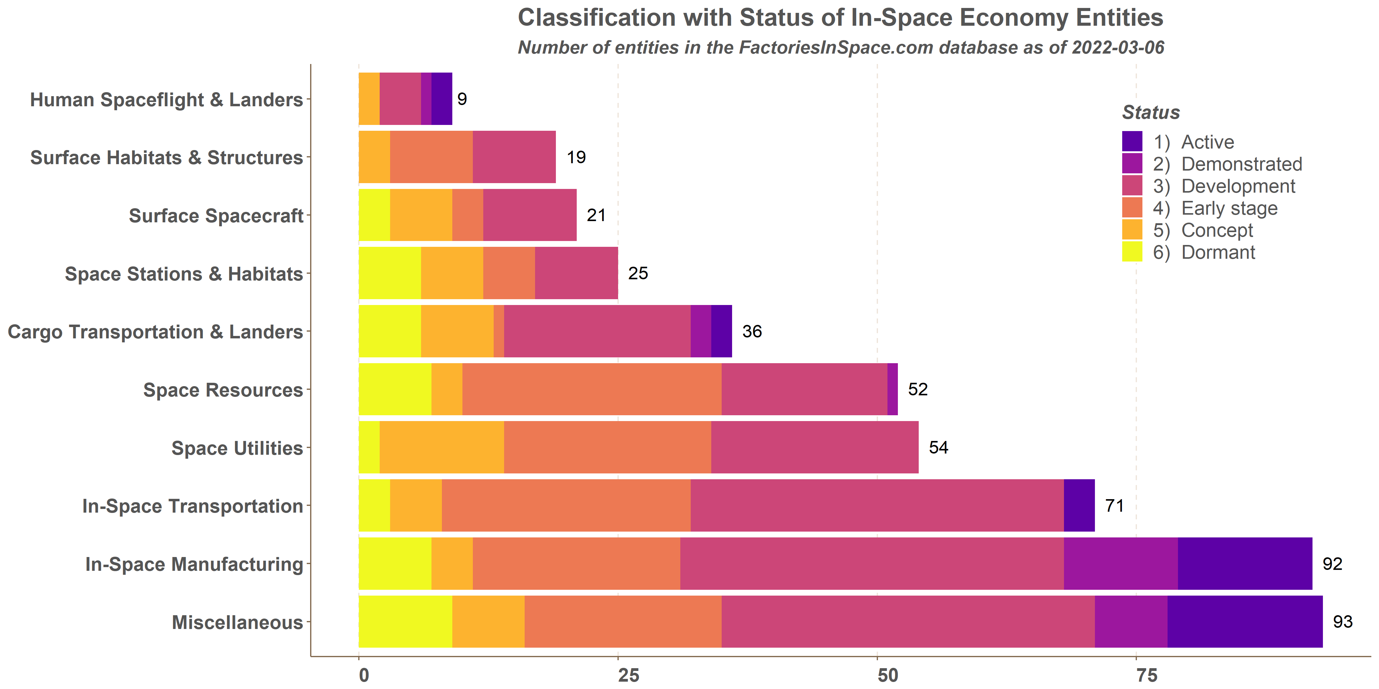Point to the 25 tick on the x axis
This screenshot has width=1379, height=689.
(x=628, y=675)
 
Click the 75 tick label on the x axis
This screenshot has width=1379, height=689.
(x=1146, y=675)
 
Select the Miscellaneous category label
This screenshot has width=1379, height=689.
(x=237, y=622)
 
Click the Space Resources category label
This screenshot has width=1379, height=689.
(x=223, y=390)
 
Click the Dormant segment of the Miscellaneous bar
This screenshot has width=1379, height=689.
(x=405, y=622)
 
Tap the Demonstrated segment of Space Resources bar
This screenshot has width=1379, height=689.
(x=892, y=390)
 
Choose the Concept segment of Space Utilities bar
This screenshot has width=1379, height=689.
(x=442, y=447)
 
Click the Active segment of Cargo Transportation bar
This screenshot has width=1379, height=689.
(x=721, y=331)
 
